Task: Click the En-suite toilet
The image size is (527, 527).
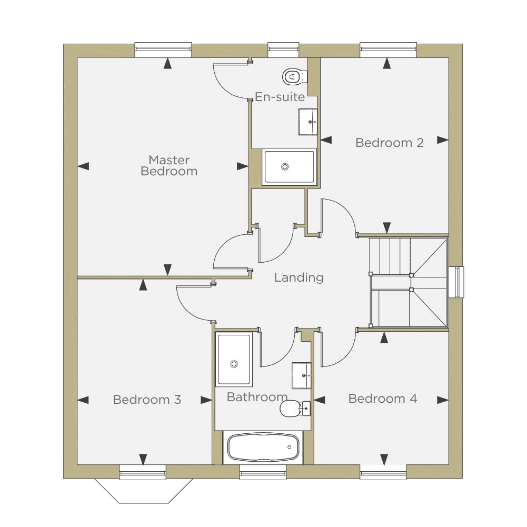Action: (294, 77)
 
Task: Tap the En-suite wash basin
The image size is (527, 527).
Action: (307, 122)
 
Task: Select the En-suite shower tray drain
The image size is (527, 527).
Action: (285, 167)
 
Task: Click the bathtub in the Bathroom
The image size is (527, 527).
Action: (263, 448)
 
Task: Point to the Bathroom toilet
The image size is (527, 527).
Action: (295, 409)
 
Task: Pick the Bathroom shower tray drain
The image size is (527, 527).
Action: (234, 364)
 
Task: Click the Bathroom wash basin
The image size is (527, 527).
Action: (301, 375)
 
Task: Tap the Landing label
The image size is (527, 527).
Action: (299, 277)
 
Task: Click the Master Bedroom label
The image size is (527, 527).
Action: (168, 165)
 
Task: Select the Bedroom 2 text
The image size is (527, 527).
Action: (389, 143)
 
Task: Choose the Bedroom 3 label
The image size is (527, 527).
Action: (147, 400)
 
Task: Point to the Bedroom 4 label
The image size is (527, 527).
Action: (382, 399)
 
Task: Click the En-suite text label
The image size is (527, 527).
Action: (280, 97)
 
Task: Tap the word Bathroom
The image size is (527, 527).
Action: (257, 397)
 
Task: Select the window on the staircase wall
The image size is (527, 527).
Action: (456, 282)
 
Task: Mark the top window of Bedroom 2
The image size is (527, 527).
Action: (388, 49)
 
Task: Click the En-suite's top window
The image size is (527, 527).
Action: (283, 49)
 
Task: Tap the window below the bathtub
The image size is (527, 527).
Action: (263, 472)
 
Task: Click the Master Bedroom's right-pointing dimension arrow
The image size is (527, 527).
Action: (242, 166)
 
